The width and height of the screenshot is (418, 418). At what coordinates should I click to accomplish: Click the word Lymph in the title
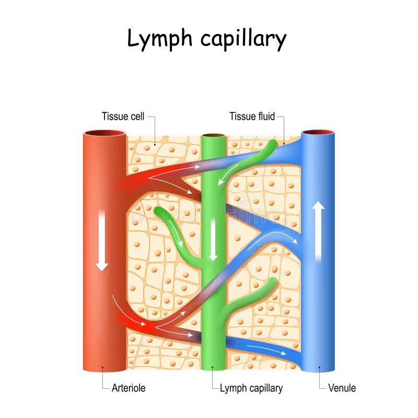click(x=157, y=40)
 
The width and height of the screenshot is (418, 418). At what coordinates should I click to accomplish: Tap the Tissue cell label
click(x=123, y=116)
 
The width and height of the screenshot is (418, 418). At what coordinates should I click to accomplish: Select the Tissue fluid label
click(x=252, y=116)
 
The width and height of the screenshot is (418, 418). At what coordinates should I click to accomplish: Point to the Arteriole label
click(x=129, y=388)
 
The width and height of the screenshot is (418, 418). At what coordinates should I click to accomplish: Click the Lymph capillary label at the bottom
click(x=251, y=388)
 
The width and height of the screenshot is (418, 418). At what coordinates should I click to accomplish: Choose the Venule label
click(x=342, y=388)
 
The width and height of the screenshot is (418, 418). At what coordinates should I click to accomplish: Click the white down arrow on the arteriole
click(x=102, y=240)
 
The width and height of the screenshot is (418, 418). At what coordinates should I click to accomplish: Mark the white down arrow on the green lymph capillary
click(x=213, y=240)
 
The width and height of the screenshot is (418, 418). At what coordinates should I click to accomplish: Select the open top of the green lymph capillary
click(x=213, y=136)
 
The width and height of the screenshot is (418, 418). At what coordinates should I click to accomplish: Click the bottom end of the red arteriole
click(x=104, y=366)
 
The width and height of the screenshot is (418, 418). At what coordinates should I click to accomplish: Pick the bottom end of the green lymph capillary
click(x=213, y=366)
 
